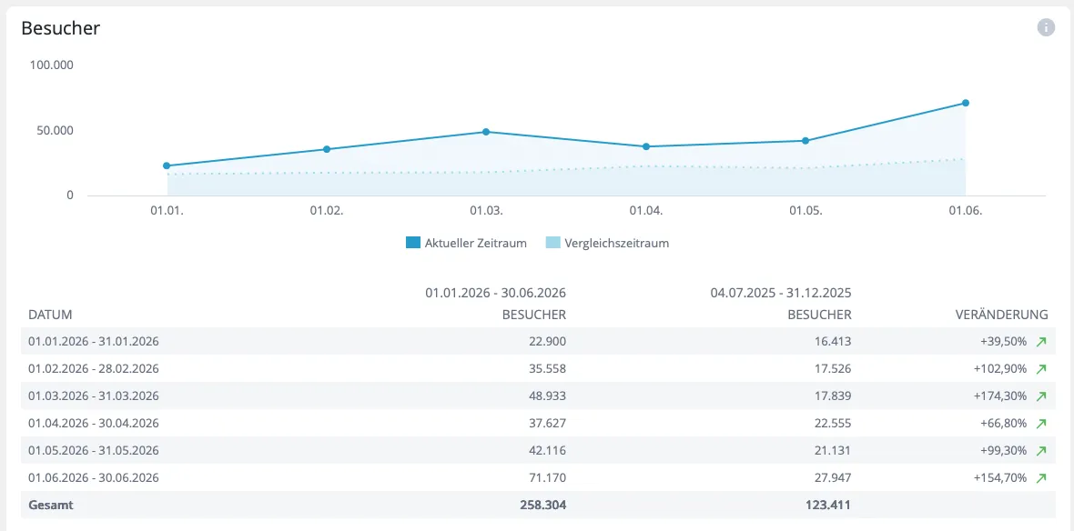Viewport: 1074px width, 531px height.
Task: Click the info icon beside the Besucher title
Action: click(x=1046, y=27)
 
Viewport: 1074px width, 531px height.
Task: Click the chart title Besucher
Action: click(x=61, y=28)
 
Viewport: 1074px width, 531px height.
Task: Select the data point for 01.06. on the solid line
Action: click(x=965, y=103)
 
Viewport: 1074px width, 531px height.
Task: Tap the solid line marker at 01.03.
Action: click(x=486, y=131)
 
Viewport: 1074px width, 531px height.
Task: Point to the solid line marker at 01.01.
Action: click(x=167, y=165)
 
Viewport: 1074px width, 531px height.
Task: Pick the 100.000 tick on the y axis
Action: click(x=51, y=65)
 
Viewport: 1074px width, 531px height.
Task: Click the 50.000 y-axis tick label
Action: click(x=54, y=130)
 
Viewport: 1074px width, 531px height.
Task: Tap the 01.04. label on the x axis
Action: click(x=646, y=211)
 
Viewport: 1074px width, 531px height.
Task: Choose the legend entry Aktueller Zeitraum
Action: click(x=466, y=243)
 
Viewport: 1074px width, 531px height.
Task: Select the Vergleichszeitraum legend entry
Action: click(x=607, y=243)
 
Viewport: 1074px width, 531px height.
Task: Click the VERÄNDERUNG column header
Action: click(x=1001, y=315)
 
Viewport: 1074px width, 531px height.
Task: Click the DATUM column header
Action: click(x=50, y=315)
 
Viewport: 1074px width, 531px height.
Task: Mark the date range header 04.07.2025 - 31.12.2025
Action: click(x=781, y=293)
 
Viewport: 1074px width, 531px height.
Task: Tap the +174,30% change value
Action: click(x=1000, y=396)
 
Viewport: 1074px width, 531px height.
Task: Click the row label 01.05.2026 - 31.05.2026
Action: click(x=93, y=450)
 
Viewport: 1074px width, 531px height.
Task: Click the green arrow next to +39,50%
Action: click(x=1041, y=342)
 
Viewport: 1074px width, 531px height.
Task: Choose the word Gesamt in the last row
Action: click(x=51, y=506)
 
